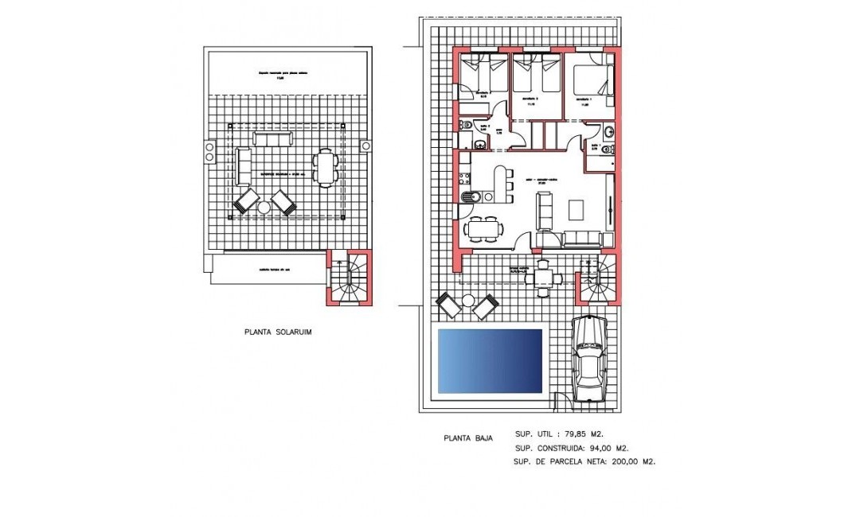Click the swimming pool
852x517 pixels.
pos(490,360)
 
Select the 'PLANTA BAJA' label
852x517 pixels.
pos(467,437)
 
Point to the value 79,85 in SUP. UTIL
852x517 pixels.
pos(573,433)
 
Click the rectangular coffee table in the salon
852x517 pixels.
pos(576,209)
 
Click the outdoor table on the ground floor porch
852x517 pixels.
pos(544,278)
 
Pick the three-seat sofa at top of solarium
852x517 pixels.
pos(272,139)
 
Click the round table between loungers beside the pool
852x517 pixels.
pos(467,301)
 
